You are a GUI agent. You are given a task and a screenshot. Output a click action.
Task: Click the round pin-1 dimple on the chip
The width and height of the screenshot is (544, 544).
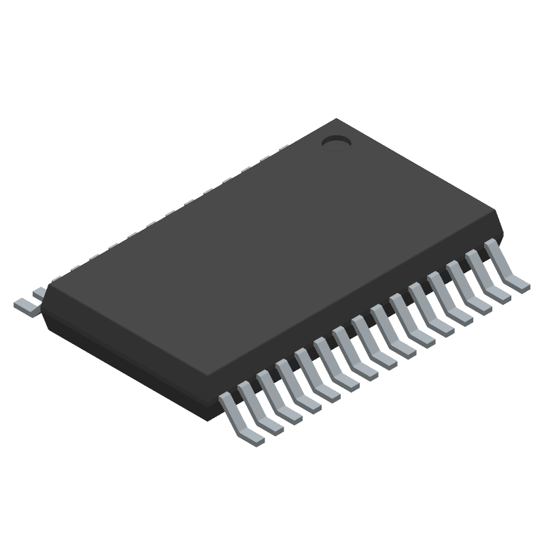click(335, 141)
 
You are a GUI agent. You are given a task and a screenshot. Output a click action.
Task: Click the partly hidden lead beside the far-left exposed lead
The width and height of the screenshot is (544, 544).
click(39, 293)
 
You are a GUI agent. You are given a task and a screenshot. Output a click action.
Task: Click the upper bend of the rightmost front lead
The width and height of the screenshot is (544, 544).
click(491, 245)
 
